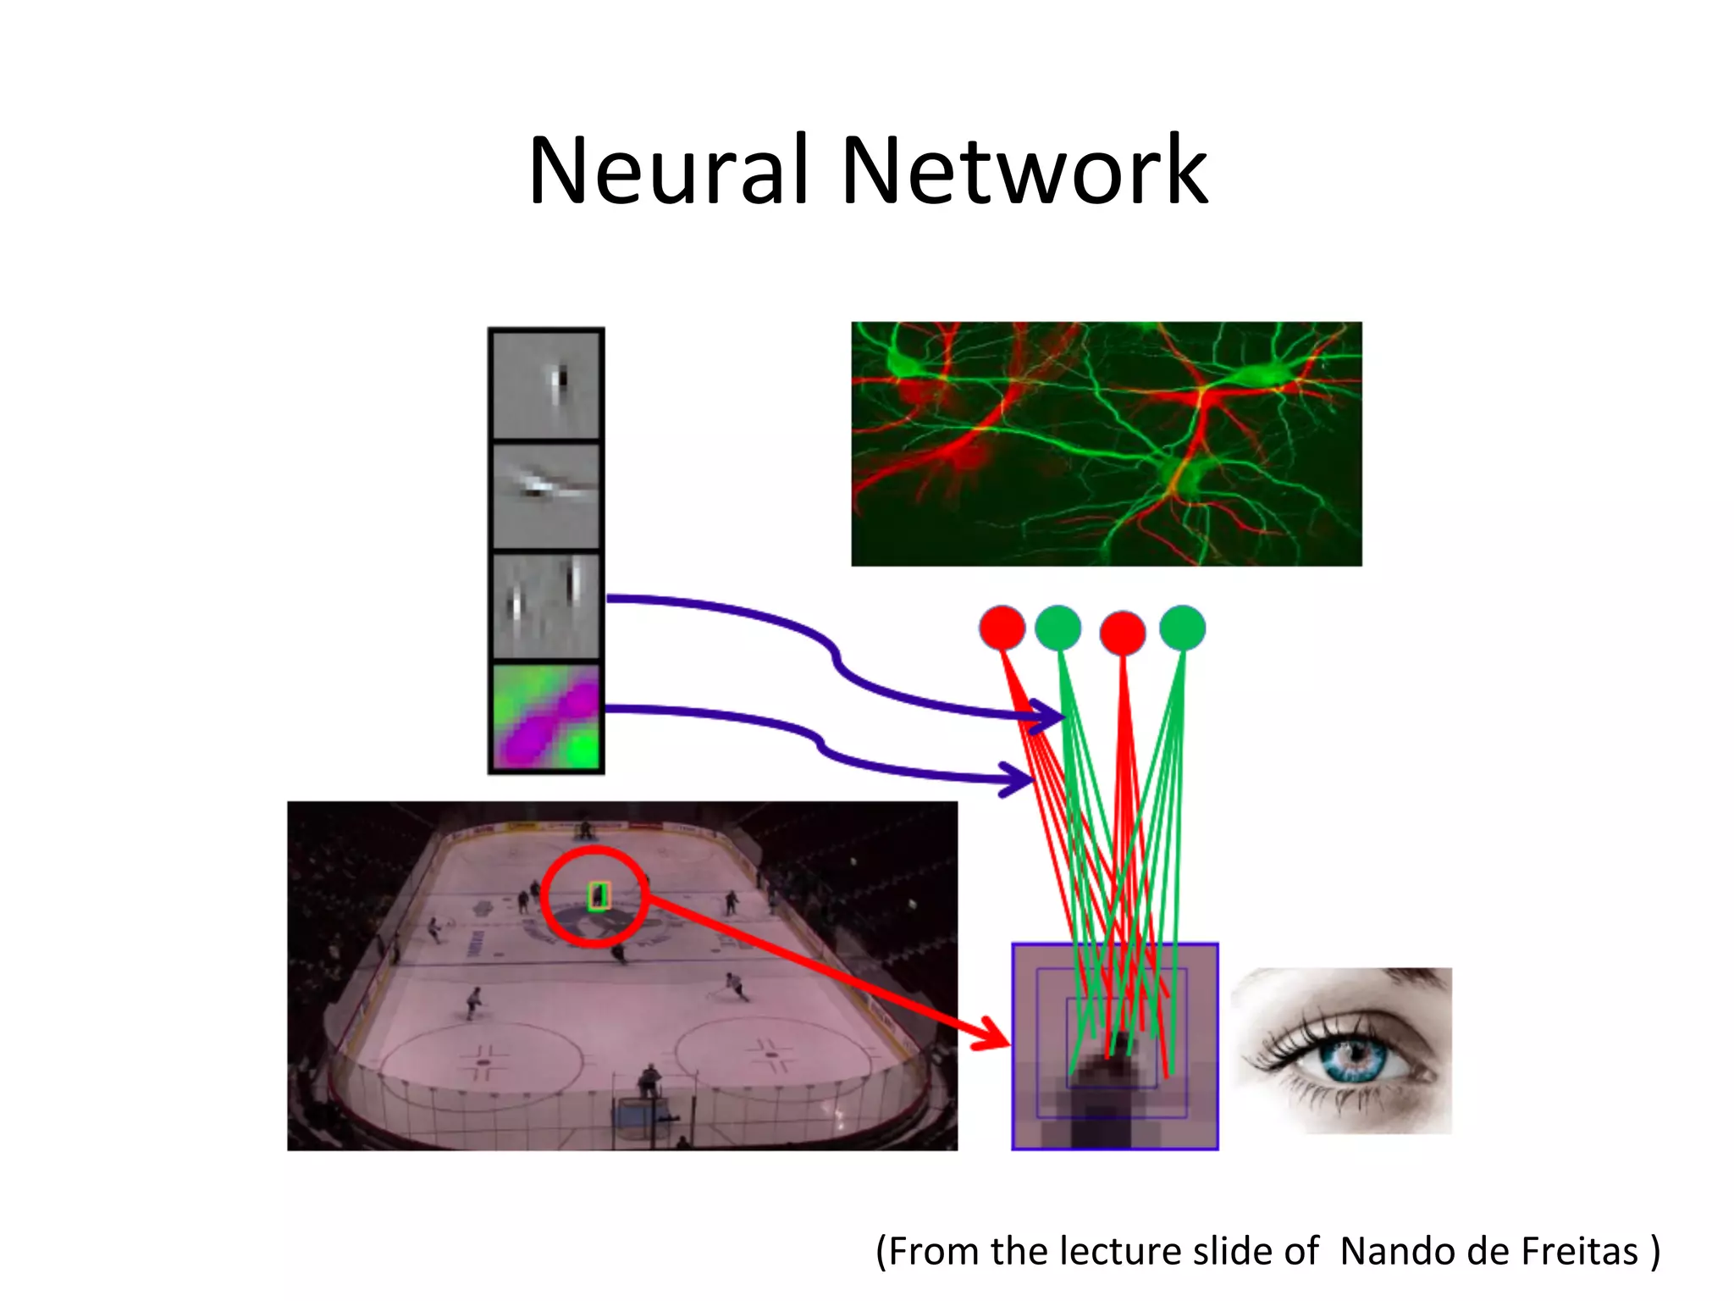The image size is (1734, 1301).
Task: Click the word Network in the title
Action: point(1024,171)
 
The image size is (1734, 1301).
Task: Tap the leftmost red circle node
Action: point(1002,628)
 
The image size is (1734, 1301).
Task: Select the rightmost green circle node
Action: point(1182,628)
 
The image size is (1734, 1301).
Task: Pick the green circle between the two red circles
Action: point(1058,628)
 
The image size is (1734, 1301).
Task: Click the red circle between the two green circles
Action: point(1123,632)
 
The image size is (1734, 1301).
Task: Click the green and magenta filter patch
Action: point(546,717)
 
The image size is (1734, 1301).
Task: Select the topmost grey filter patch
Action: point(546,385)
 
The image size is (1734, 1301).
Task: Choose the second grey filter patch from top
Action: point(546,495)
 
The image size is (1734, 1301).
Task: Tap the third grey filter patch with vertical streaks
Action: point(546,606)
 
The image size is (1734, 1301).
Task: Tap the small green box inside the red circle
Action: point(599,895)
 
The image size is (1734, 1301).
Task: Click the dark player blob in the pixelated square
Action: point(1101,1101)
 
